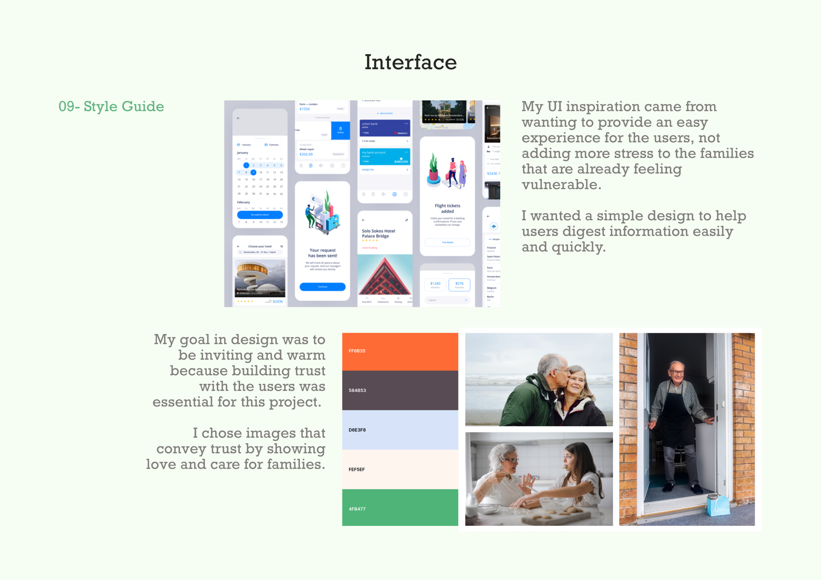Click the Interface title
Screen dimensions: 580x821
(x=411, y=62)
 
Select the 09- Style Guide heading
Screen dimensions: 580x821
(x=111, y=106)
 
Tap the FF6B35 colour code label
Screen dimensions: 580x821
(x=357, y=351)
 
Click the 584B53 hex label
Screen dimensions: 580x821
(x=357, y=390)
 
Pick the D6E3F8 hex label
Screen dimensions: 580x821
(x=357, y=430)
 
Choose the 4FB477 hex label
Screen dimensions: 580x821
(x=357, y=509)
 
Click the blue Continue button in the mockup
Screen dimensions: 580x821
(x=322, y=287)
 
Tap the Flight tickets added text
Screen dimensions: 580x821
(x=447, y=208)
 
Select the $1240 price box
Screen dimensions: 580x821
(x=435, y=285)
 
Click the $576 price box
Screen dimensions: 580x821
(x=459, y=285)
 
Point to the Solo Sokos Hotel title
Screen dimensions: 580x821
(x=378, y=233)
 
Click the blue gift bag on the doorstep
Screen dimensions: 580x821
(x=718, y=505)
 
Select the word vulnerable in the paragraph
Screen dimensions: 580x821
(x=561, y=185)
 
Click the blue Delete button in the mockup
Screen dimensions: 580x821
(x=341, y=130)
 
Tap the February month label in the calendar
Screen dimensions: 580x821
(x=244, y=202)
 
